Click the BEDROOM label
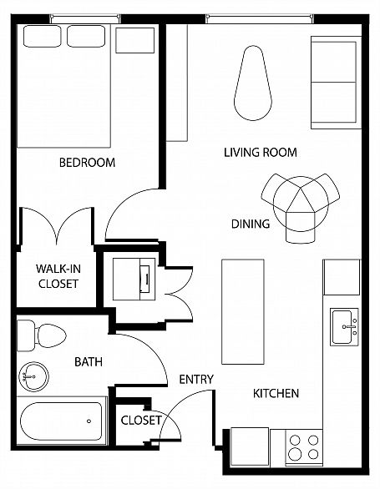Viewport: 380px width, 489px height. coord(87,163)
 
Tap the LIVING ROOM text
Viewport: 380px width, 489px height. coord(261,152)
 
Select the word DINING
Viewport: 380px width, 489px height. coord(251,224)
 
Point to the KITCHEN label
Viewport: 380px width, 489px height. coord(276,393)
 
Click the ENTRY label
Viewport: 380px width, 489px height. coord(196,379)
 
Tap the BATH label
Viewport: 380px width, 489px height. coord(89,362)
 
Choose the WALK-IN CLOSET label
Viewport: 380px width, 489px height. coord(58,276)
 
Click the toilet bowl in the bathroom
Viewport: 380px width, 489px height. coord(51,336)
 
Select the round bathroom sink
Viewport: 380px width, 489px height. coord(33,376)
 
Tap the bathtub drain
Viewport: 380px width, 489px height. coord(89,421)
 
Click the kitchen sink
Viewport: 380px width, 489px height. coord(344,327)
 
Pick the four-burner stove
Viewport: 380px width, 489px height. coord(304,448)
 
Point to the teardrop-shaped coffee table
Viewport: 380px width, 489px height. coord(253,83)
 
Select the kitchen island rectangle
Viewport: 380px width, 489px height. coord(243,312)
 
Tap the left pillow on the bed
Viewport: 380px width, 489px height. coord(42,36)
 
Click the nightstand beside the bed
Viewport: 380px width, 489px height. coord(135,41)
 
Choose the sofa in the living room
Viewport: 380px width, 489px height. coord(336,83)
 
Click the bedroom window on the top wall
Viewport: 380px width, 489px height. coord(85,18)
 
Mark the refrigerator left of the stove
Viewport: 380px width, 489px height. coord(250,447)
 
